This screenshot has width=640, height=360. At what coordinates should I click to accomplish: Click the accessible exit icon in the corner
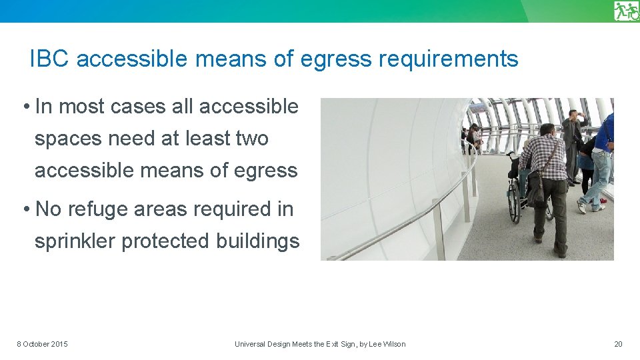click(626, 11)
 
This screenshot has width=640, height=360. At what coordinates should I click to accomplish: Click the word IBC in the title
click(50, 59)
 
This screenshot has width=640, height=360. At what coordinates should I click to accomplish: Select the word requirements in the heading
click(448, 59)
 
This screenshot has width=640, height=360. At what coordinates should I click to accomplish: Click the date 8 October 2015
click(42, 344)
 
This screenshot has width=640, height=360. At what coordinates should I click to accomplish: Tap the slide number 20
click(618, 344)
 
